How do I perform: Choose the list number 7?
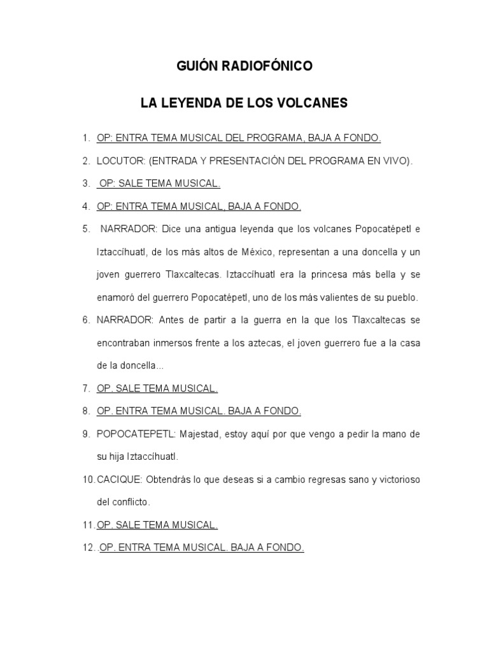(85, 388)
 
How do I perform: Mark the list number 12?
(88, 548)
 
